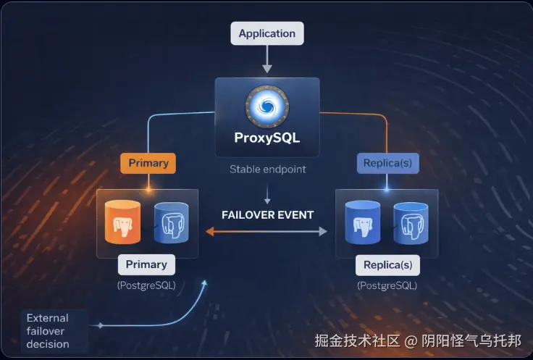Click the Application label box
pos(267,33)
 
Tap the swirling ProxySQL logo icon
pos(267,106)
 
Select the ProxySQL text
pos(267,137)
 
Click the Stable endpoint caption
pos(267,169)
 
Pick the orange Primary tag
pos(148,163)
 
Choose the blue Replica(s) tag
pos(387,163)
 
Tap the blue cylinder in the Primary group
pos(172,222)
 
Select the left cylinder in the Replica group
pos(363,222)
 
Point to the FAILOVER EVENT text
pos(267,215)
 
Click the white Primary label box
pos(146,264)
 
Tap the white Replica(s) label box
pos(387,264)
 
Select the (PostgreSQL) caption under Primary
pos(146,285)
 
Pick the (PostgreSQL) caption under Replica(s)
pos(387,285)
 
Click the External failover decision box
pos(48,330)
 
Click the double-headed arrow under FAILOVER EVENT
pos(267,232)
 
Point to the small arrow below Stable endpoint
pos(267,194)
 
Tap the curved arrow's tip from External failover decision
pos(205,280)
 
